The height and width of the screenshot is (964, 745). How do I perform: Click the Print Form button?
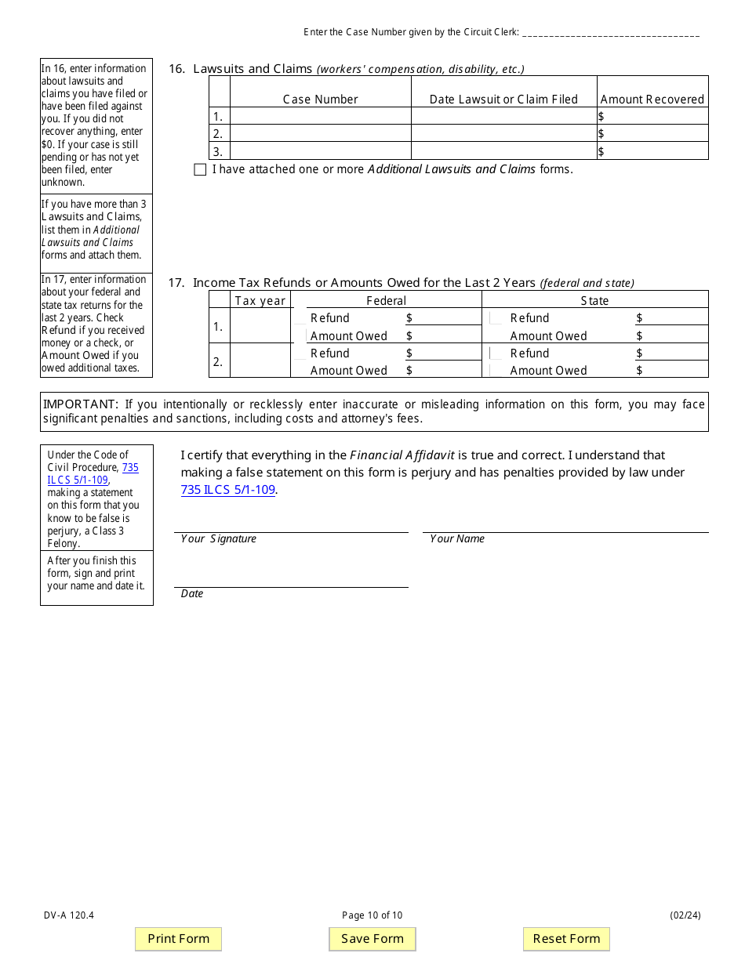click(179, 939)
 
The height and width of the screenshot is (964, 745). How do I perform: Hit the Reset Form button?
click(566, 939)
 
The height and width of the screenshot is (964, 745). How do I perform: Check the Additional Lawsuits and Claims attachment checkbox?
click(200, 169)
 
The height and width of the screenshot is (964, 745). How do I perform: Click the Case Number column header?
click(320, 100)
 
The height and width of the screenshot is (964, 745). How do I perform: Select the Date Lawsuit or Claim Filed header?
click(503, 100)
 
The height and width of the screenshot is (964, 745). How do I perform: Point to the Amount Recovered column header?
click(652, 100)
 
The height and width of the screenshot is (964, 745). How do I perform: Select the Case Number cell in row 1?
click(320, 117)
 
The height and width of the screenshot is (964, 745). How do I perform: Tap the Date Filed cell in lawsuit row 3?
click(503, 151)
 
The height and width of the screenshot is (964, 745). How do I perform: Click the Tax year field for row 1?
click(260, 327)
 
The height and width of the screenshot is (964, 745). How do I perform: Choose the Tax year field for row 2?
click(260, 361)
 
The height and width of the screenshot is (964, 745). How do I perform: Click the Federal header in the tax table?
click(386, 301)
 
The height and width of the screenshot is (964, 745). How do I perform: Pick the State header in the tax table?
click(594, 301)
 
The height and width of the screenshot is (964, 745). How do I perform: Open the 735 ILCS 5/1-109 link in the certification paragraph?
click(227, 490)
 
